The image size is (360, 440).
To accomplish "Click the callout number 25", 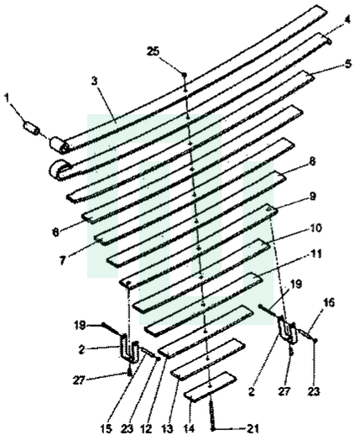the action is coord(154,51).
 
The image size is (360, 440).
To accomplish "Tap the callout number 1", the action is coord(7,98).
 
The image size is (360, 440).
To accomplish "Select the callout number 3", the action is coord(95,81).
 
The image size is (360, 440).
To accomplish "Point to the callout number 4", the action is coord(347,20).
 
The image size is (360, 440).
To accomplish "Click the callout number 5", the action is coord(348,64).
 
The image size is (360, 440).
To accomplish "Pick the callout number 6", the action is coord(56,233).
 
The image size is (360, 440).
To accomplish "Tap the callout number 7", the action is coord(62,260).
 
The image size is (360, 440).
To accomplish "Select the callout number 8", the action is coord(312,161).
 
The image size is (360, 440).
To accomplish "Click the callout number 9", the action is coord(312,196).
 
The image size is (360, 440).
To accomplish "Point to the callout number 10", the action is coord(316,228).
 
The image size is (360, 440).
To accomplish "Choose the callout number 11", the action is coord(316,254).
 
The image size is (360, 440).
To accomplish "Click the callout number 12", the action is coord(146,429).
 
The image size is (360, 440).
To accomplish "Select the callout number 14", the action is coord(190,429).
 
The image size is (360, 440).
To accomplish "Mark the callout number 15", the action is coord(106,429).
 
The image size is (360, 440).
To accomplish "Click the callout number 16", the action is coord(329,302).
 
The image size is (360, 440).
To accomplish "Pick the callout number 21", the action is coord(253,428).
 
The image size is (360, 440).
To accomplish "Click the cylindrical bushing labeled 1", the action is coord(31,128).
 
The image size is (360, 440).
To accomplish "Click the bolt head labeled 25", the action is coord(185,75).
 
